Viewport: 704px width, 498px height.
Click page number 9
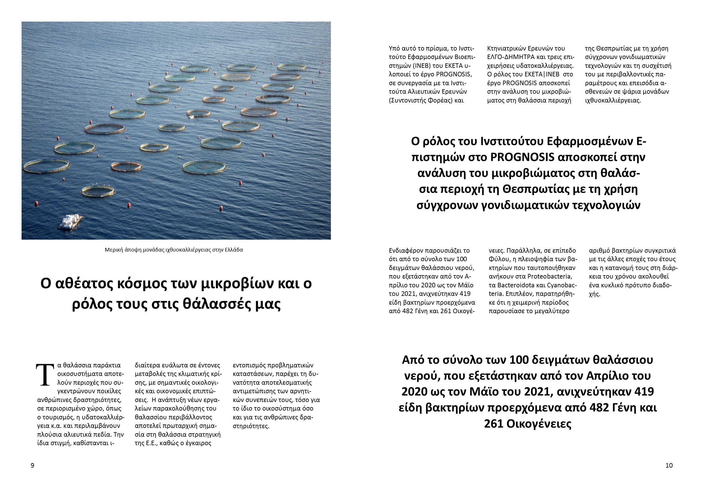pyautogui.click(x=32, y=465)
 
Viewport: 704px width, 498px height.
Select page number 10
pyautogui.click(x=669, y=465)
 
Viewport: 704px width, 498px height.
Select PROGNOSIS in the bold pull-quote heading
pyautogui.click(x=522, y=157)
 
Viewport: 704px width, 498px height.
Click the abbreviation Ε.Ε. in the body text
pyautogui.click(x=152, y=443)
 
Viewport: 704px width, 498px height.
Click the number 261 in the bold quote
pyautogui.click(x=494, y=424)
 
